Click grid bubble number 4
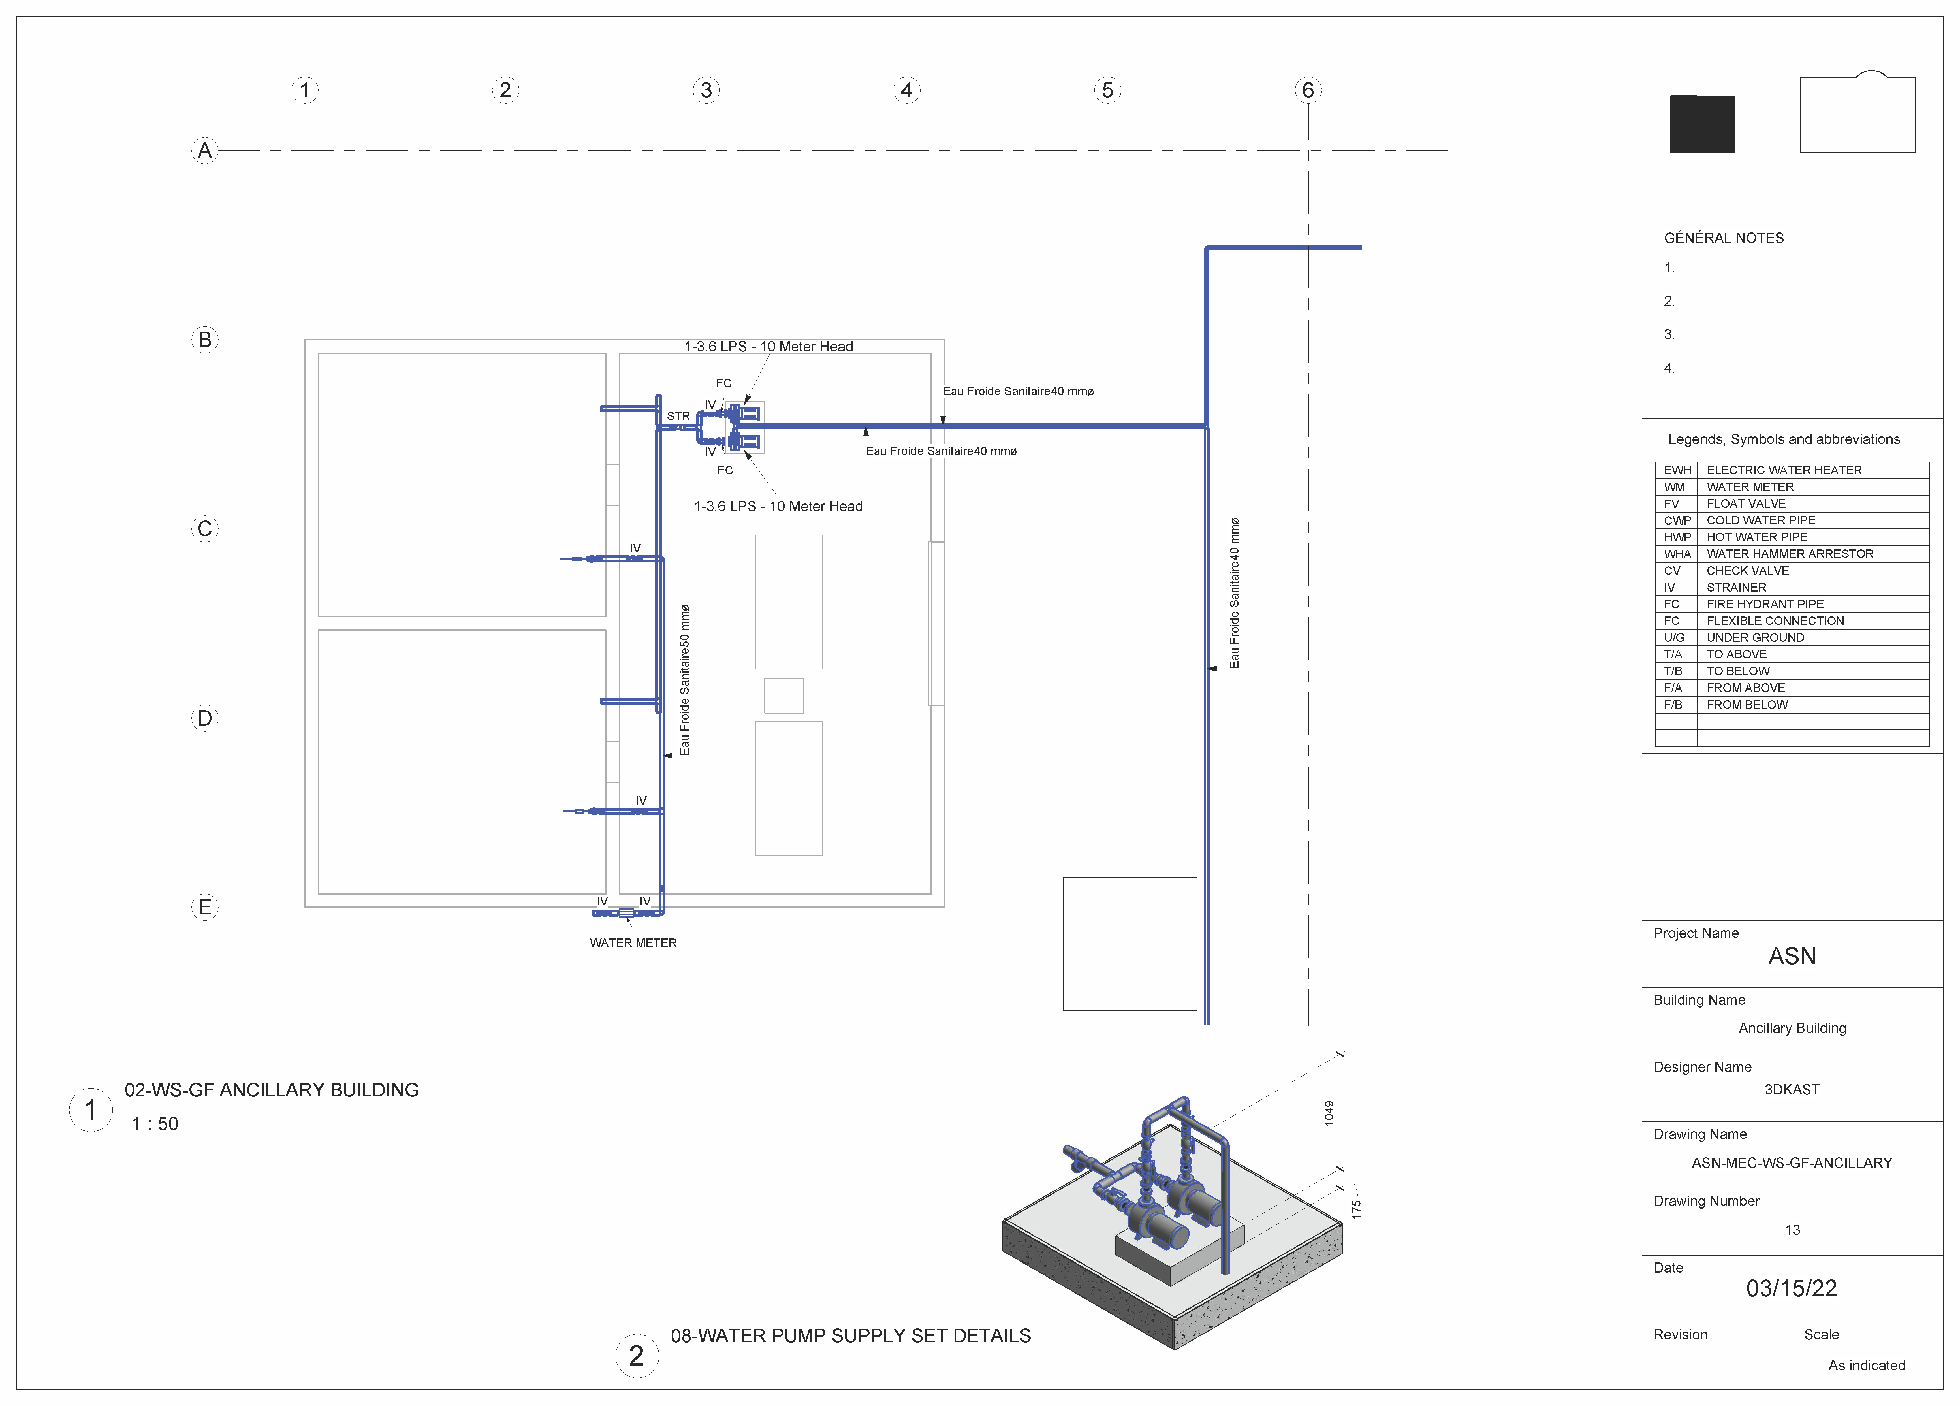coord(907,90)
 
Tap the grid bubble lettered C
coord(205,529)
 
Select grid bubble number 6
coord(1308,90)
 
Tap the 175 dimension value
coord(1356,1209)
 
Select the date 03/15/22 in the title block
coord(1792,1288)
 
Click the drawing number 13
coord(1792,1230)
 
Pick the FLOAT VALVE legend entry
coord(1746,504)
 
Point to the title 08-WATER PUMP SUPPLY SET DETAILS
coord(850,1336)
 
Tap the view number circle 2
coord(637,1356)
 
